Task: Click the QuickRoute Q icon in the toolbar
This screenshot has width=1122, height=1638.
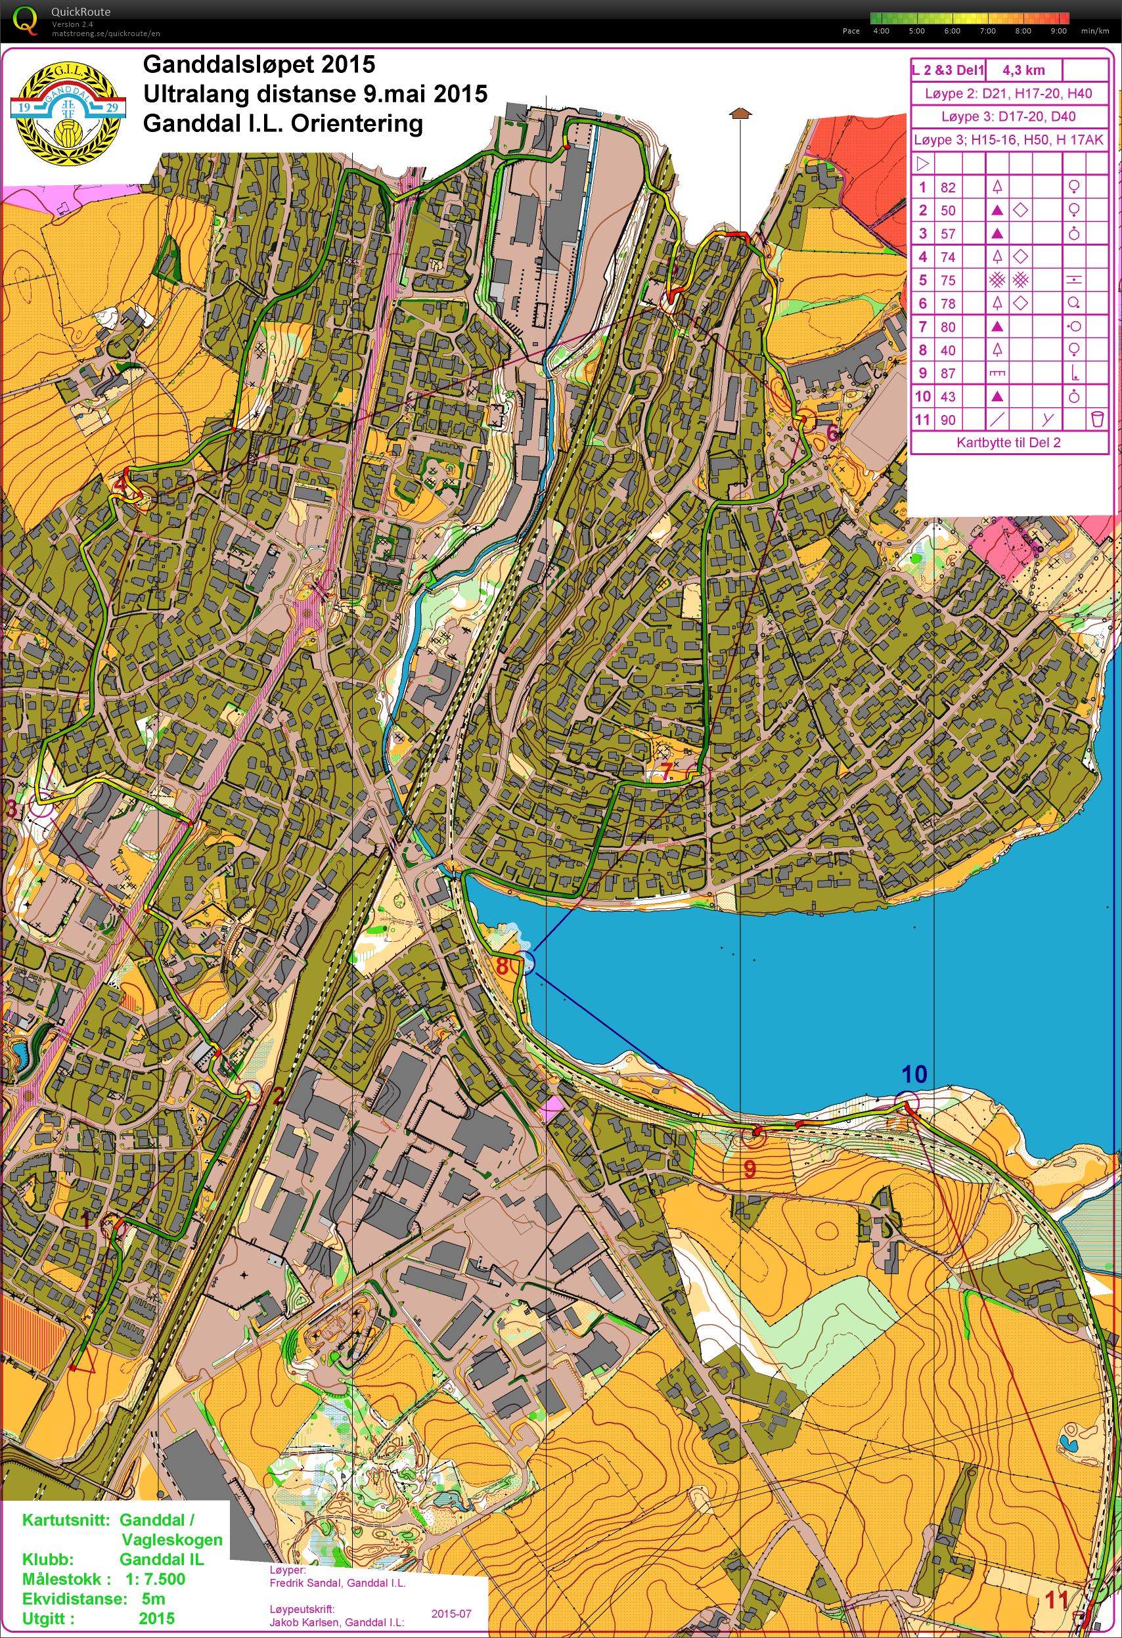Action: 26,20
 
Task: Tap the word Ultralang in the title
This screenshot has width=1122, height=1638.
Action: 194,93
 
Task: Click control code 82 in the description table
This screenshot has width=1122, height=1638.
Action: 948,187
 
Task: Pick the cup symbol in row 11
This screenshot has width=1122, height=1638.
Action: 1096,420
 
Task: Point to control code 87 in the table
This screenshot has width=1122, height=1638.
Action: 948,373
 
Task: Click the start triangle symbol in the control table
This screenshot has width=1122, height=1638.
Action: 922,164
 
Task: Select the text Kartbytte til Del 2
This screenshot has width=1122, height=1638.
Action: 1008,443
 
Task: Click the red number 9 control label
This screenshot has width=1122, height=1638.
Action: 750,1169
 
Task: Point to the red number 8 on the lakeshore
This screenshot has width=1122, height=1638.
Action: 503,965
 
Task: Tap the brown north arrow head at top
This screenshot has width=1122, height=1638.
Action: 738,112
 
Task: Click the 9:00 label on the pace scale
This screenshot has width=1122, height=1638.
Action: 1058,31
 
